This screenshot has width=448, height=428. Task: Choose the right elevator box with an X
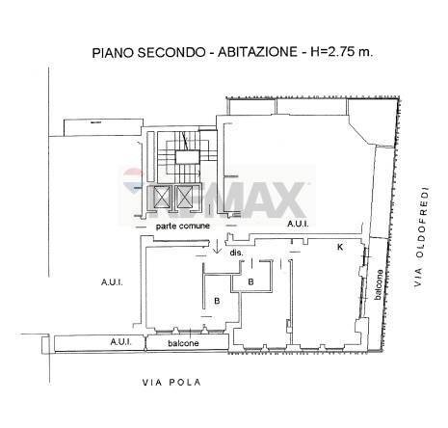(x=185, y=199)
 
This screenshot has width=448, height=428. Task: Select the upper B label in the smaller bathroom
(x=250, y=282)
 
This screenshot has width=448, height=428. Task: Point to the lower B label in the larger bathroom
(x=218, y=302)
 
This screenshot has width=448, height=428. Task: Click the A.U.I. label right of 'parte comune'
(x=298, y=224)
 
